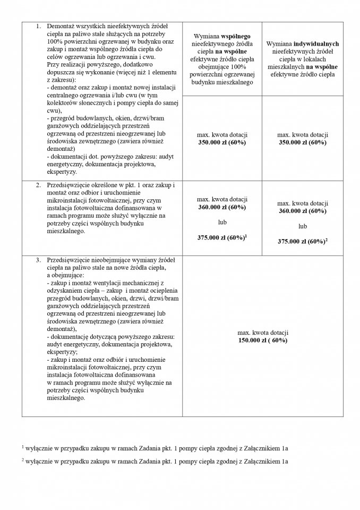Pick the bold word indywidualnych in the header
[x=316, y=43]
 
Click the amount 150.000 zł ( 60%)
[x=263, y=340]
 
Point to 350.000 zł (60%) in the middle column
[x=222, y=143]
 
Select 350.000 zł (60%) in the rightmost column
[x=303, y=143]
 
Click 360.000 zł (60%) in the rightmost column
[x=303, y=211]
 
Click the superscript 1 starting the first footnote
[x=23, y=446]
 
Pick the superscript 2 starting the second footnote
[x=23, y=460]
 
